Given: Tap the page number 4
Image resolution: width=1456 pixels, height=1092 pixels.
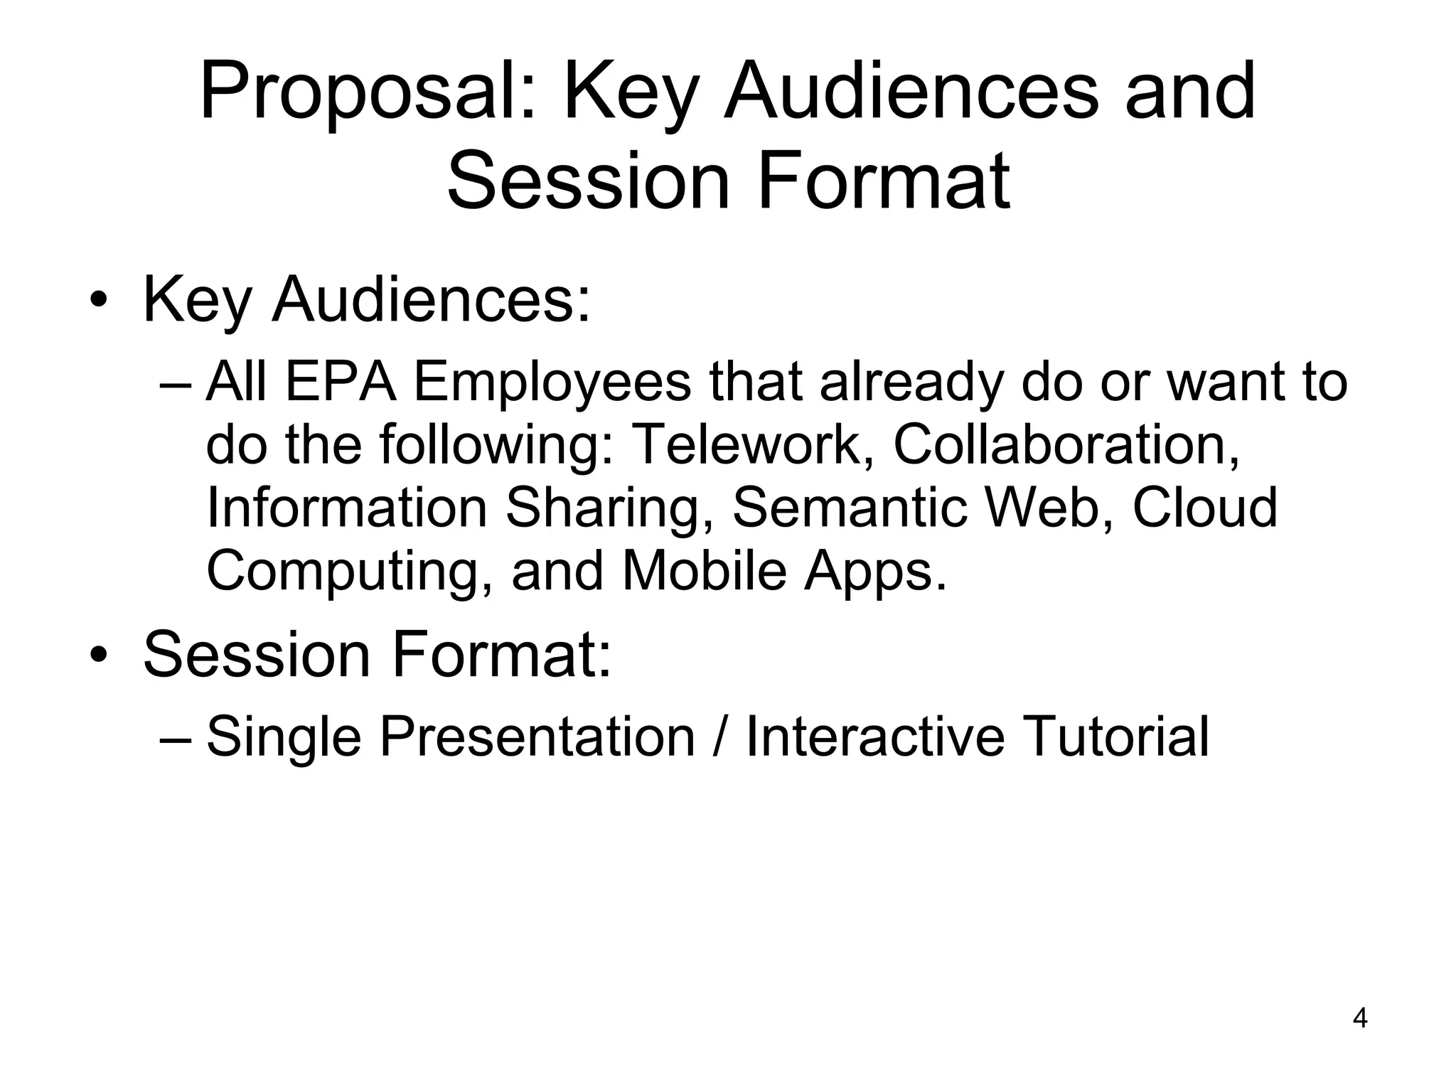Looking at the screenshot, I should pyautogui.click(x=1360, y=1018).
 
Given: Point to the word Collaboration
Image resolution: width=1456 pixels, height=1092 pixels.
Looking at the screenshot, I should pyautogui.click(x=1066, y=445).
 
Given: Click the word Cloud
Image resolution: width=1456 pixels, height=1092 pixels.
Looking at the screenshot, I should pyautogui.click(x=1205, y=508).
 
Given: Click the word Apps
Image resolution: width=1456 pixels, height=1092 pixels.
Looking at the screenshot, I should pyautogui.click(x=875, y=573).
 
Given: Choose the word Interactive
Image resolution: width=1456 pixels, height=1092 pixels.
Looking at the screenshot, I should pyautogui.click(x=875, y=737).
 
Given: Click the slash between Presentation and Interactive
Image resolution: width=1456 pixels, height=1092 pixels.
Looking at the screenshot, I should pyautogui.click(x=719, y=737).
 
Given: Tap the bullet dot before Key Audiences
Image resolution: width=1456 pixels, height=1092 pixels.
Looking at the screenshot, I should pyautogui.click(x=98, y=301).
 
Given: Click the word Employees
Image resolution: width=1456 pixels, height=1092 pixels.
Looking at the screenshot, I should pyautogui.click(x=552, y=385).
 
